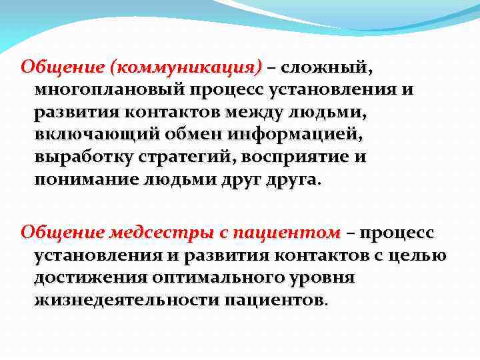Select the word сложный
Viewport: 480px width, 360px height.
click(327, 67)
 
